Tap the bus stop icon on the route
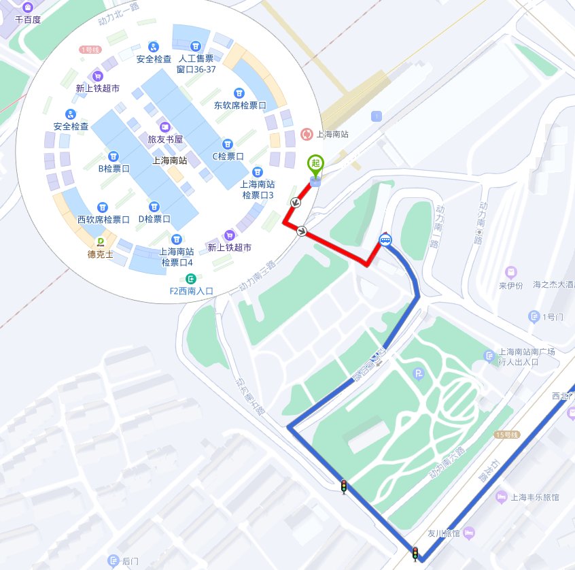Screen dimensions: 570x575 tap(385, 239)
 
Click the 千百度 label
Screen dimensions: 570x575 tap(28, 20)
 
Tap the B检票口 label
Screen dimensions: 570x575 tap(114, 168)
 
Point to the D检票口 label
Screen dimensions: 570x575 tap(154, 219)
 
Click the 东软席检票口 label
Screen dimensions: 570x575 tap(239, 105)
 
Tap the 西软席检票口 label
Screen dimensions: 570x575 tap(103, 219)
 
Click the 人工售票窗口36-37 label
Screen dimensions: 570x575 tap(196, 63)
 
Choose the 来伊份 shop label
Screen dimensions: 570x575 tap(510, 285)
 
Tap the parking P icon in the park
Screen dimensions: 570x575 tap(419, 373)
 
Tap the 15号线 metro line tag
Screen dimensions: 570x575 tap(507, 434)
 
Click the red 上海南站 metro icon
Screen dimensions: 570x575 tap(307, 135)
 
